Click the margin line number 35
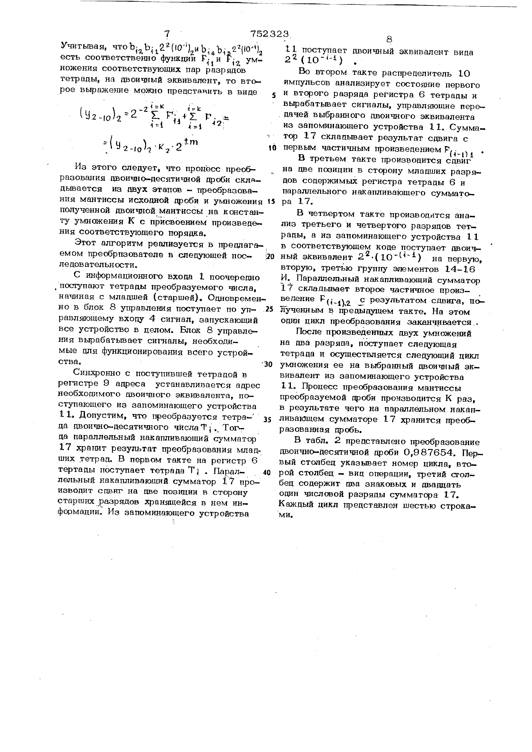click(x=267, y=420)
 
